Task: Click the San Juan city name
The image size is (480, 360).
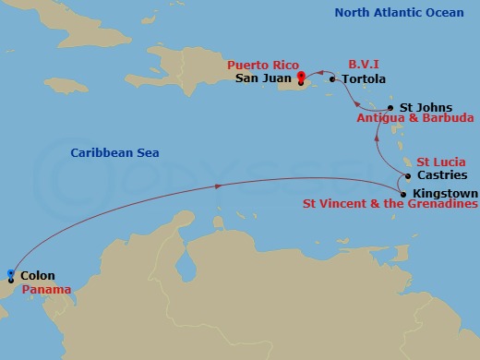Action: (263, 78)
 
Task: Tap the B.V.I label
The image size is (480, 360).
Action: (364, 66)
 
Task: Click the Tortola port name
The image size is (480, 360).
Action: (364, 79)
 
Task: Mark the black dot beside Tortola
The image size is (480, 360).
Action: (332, 79)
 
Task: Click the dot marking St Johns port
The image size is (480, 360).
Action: (391, 107)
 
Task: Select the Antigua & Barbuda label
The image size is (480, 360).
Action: (415, 119)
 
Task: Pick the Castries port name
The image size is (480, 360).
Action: (442, 174)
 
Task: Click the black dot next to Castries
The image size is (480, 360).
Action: (406, 174)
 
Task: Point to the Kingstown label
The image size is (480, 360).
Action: (446, 193)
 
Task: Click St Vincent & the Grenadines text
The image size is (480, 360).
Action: (389, 205)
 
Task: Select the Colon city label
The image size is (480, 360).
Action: (37, 276)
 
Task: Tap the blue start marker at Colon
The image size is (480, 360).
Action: (10, 273)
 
